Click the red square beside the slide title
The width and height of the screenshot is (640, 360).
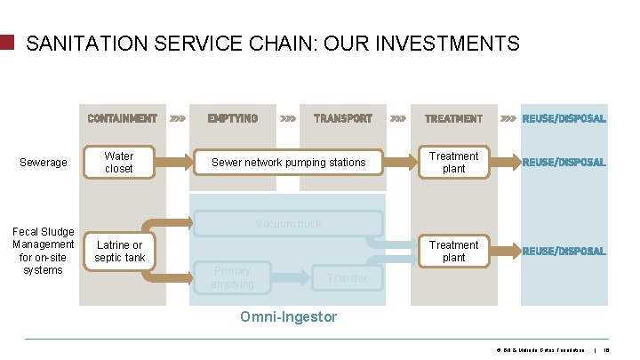pos(8,43)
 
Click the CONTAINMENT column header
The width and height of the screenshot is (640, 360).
pos(122,118)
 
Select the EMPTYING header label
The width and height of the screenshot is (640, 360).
pos(233,118)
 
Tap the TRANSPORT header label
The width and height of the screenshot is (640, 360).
pos(343,118)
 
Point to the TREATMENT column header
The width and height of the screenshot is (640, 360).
pos(453,118)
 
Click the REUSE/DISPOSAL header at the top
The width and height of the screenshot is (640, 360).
pos(564,118)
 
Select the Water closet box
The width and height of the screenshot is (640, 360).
pos(119,162)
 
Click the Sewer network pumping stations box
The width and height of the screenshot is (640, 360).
pos(288,162)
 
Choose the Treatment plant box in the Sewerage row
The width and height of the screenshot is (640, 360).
pos(453,162)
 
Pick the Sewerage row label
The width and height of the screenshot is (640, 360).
pos(43,163)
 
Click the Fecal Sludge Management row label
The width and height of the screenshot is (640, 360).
pos(43,251)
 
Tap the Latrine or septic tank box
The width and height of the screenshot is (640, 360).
pos(119,252)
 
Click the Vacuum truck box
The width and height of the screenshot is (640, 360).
pos(288,224)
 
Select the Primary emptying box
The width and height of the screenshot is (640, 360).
pos(232,277)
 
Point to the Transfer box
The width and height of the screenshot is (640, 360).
pos(347,278)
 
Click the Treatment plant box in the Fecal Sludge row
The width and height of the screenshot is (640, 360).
pos(453,251)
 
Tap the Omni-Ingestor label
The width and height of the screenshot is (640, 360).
pos(289,316)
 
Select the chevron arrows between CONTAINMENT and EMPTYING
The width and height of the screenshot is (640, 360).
pos(178,118)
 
